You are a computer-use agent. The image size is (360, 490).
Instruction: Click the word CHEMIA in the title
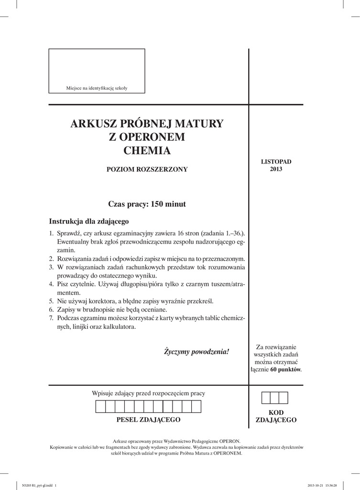click(x=147, y=151)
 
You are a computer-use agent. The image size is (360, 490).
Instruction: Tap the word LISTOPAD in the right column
click(x=276, y=162)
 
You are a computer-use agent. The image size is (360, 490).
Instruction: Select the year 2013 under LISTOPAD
click(x=276, y=169)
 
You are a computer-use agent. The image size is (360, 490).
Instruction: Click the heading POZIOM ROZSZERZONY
click(x=147, y=169)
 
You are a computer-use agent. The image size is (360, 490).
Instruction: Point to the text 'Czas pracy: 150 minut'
click(x=147, y=204)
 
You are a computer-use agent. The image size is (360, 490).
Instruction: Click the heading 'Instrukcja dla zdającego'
click(x=89, y=222)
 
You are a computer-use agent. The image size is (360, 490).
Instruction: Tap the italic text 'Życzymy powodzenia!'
click(x=196, y=352)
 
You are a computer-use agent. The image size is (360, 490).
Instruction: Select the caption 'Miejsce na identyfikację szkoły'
click(x=97, y=88)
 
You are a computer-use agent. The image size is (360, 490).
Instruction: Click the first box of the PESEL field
click(x=101, y=407)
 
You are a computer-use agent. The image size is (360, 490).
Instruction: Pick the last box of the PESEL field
click(x=196, y=407)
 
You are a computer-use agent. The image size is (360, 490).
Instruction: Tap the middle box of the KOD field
click(x=275, y=398)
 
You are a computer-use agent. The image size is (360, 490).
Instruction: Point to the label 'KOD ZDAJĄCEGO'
click(x=276, y=416)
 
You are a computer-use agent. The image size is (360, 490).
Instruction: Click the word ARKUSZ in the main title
click(x=91, y=124)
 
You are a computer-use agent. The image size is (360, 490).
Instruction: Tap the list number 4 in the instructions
click(x=51, y=284)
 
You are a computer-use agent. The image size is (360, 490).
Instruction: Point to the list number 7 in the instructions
click(x=51, y=319)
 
